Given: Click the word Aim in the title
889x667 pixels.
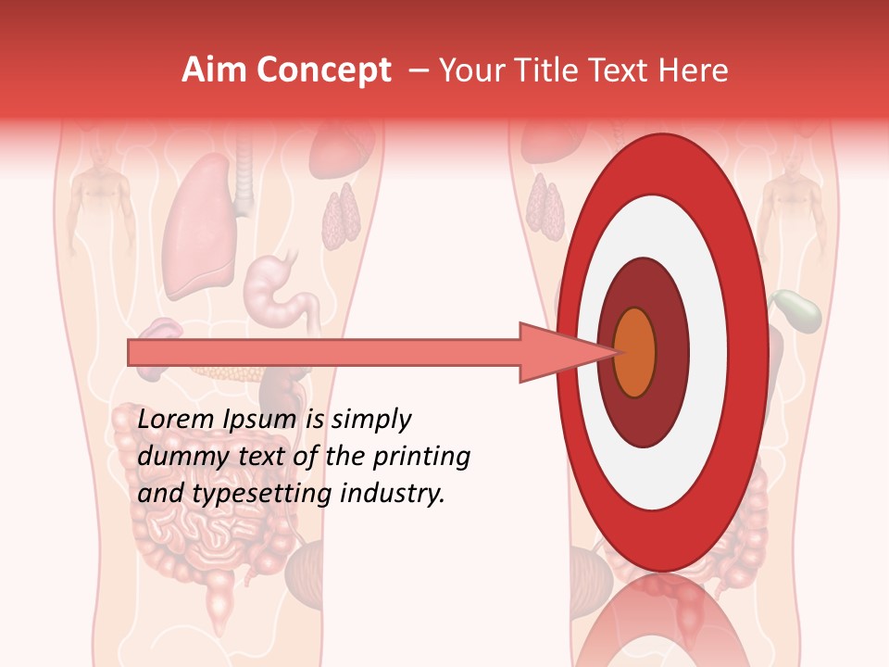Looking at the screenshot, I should [x=213, y=70].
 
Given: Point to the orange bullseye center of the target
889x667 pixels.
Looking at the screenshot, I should [x=634, y=352].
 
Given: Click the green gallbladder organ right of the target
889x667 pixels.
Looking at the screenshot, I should [x=797, y=310].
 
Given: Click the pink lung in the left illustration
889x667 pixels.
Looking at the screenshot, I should [x=196, y=227].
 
